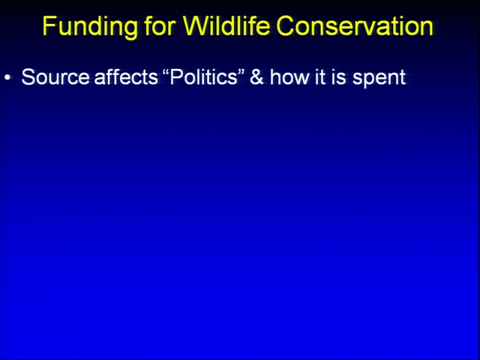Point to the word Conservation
pos(355,25)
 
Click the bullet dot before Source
pos(7,78)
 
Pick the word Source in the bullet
pos(55,76)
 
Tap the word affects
pos(126,76)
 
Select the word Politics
pos(203,76)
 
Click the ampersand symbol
pos(256,76)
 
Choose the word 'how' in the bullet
pos(289,76)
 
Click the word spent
pos(379,78)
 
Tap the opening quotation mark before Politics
pos(166,72)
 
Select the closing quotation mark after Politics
pos(241,72)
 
